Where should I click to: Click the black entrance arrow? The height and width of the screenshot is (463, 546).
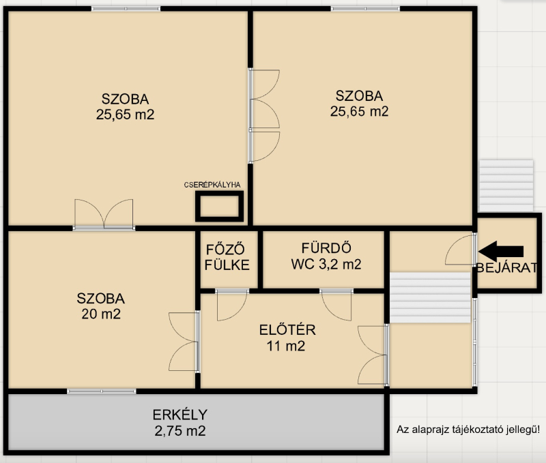tap(501, 252)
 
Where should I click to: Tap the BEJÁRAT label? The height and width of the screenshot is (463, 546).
tap(506, 268)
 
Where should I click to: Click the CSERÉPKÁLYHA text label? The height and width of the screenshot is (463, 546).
tap(212, 185)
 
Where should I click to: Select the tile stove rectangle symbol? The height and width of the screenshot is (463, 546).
tap(219, 207)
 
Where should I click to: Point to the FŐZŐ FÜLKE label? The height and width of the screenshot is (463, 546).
tap(227, 258)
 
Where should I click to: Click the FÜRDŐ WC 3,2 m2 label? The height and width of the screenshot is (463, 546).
tap(326, 256)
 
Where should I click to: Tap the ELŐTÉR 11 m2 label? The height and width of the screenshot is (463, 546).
tap(287, 338)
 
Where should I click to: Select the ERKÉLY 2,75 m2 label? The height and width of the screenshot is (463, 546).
tap(180, 423)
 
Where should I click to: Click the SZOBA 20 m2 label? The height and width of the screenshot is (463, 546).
tap(101, 306)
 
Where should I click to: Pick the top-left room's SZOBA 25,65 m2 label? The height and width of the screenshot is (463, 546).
tap(126, 107)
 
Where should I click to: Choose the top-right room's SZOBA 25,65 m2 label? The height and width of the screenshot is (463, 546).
tap(360, 104)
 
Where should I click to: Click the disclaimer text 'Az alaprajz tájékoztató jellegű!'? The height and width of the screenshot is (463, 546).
tap(468, 430)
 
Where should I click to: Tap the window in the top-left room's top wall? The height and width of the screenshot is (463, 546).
tap(126, 8)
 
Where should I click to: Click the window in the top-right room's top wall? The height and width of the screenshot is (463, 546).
tap(365, 8)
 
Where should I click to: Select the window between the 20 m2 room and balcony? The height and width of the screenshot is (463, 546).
tap(101, 391)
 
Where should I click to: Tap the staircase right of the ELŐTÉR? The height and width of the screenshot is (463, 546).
tap(430, 298)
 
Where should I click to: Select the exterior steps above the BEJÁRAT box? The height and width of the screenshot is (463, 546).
tap(506, 185)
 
